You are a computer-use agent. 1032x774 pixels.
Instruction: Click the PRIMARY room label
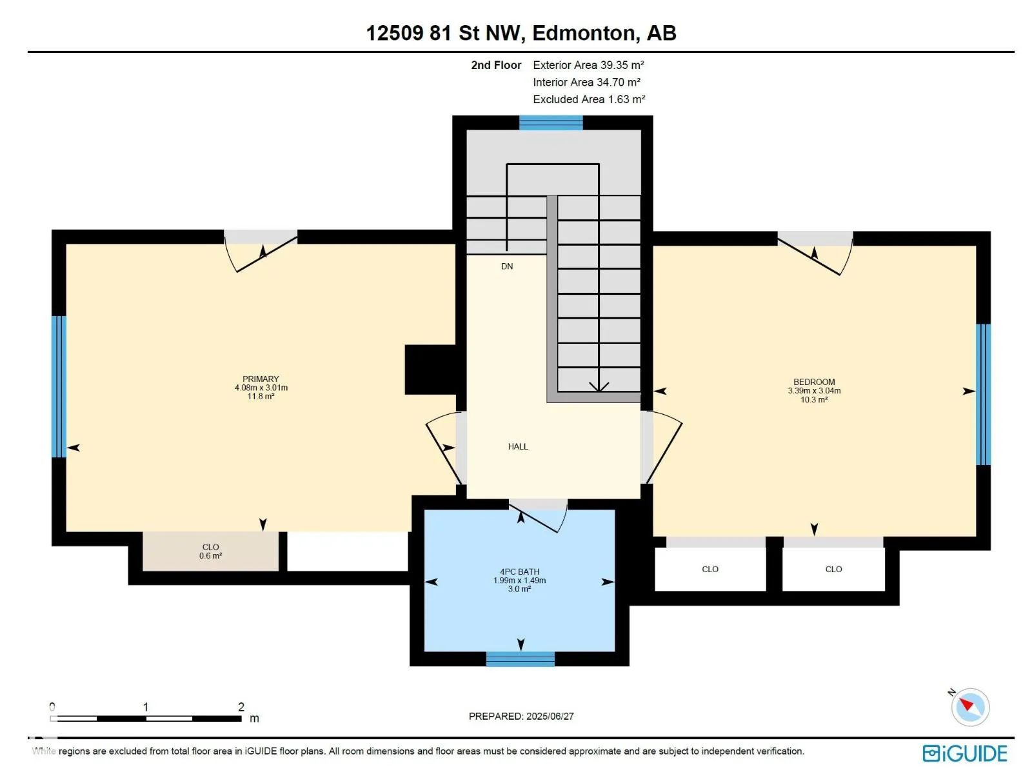[261, 379]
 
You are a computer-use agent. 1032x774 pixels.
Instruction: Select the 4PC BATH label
[519, 572]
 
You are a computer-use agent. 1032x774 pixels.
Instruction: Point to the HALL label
[518, 446]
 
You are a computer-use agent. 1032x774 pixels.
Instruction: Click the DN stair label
[507, 266]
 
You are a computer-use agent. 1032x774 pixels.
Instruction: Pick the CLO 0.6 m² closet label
[211, 551]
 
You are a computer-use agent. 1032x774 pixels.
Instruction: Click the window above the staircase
[551, 123]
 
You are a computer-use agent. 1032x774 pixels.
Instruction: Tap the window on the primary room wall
[59, 386]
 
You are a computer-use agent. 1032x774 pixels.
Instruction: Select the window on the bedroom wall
[983, 394]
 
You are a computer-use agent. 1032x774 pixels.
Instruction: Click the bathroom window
[520, 659]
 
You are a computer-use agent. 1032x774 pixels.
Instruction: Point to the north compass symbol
[970, 707]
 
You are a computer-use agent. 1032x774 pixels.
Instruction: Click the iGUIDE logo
[965, 753]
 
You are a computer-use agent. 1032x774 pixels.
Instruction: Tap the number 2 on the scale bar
[241, 707]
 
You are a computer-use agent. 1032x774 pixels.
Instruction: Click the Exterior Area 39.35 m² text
[588, 65]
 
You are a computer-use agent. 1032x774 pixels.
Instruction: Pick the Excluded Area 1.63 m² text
[589, 99]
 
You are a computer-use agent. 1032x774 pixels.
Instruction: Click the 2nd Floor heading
[496, 65]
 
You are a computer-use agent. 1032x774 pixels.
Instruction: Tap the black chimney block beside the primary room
[430, 370]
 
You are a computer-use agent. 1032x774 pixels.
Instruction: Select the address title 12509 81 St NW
[443, 34]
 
